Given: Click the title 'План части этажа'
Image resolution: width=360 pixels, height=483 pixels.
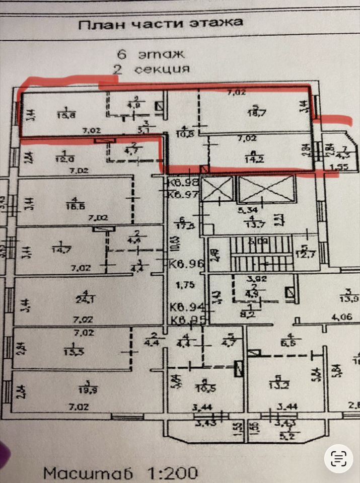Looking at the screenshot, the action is tap(161, 23).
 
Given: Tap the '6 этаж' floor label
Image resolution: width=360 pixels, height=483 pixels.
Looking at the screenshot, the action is tap(151, 53).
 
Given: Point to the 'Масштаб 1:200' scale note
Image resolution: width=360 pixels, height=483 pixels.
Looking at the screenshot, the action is tap(121, 472).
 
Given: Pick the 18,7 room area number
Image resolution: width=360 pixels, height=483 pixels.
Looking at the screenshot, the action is tap(258, 113).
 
